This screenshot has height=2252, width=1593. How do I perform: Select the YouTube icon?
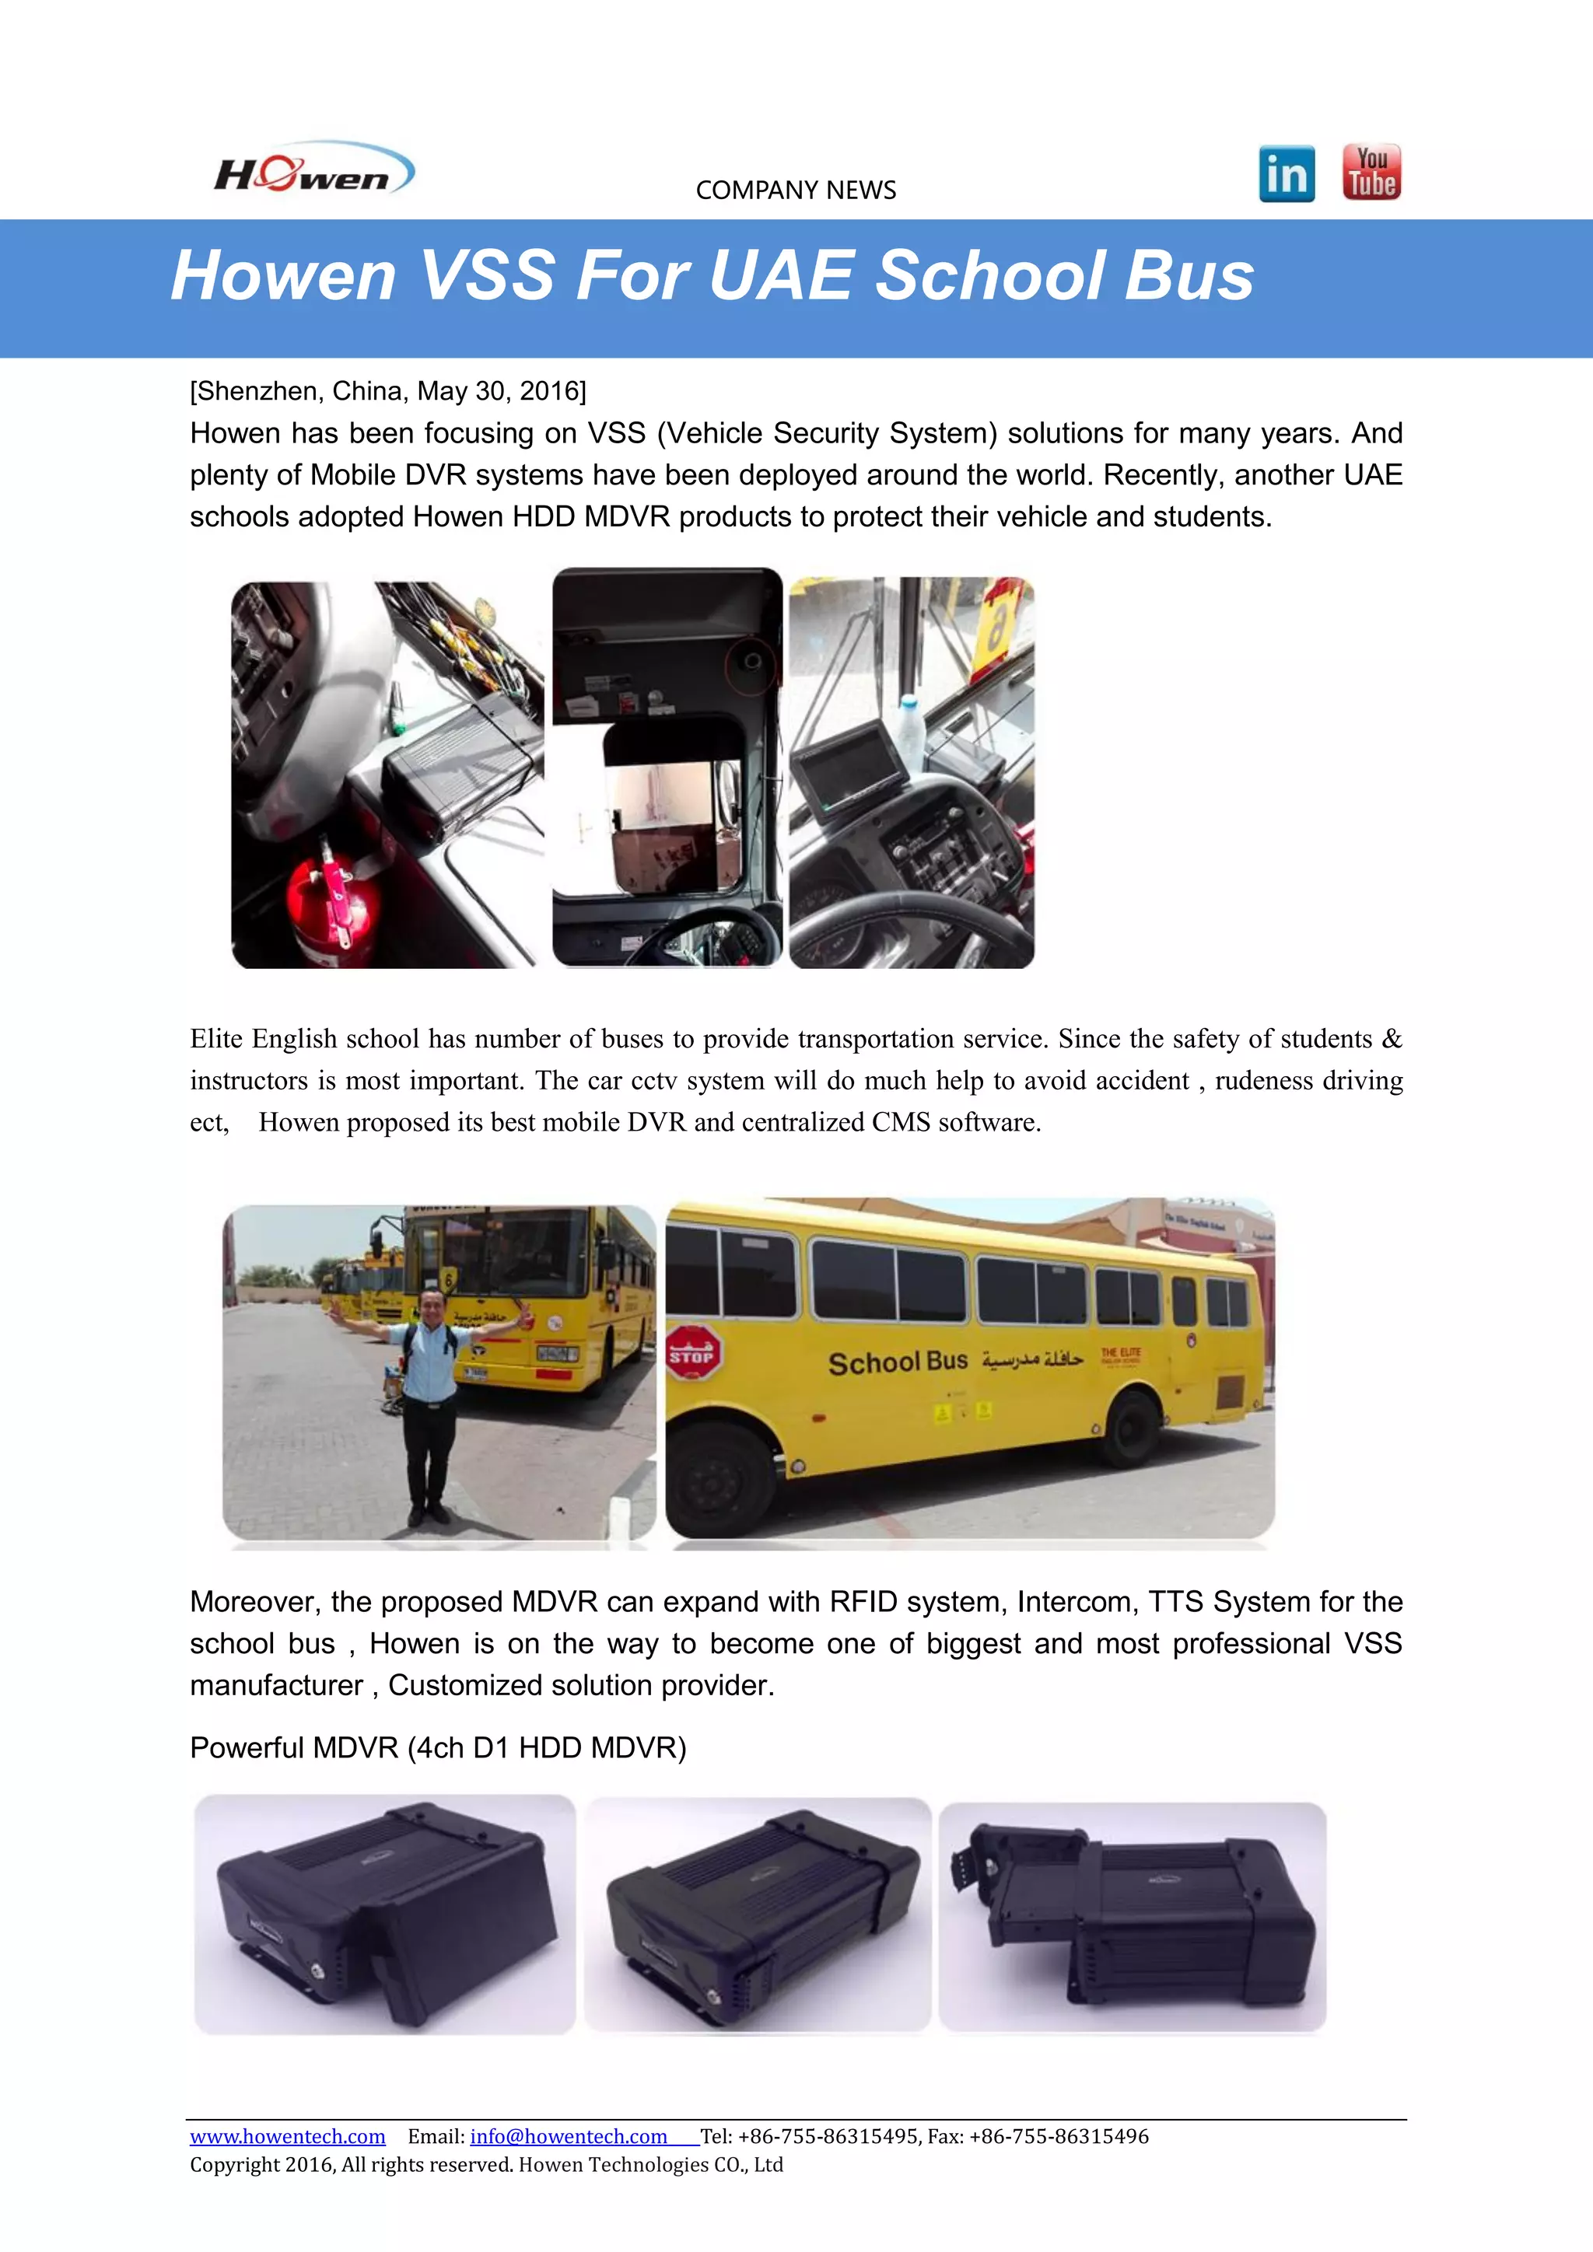[1371, 173]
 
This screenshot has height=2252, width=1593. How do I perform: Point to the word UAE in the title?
[781, 275]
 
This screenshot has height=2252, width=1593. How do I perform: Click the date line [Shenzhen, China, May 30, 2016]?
[387, 391]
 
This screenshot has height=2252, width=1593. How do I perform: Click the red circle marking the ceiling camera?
[751, 665]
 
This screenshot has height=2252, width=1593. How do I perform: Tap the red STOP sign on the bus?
[692, 1355]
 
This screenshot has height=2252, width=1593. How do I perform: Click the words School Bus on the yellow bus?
[898, 1362]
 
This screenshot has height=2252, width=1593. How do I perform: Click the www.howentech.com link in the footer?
[287, 2136]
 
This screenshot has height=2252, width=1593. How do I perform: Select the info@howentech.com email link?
[568, 2136]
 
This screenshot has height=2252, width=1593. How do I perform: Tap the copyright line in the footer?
[485, 2165]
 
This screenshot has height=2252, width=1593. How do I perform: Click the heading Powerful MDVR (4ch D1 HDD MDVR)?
[437, 1748]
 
